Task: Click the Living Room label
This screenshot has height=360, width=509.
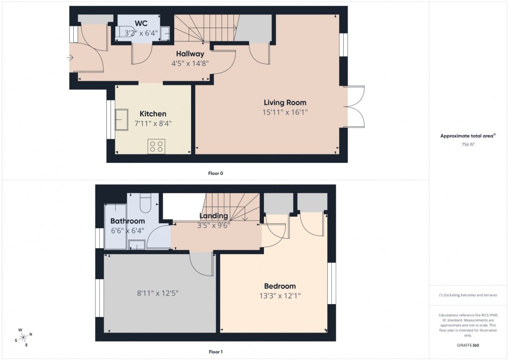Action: pyautogui.click(x=285, y=102)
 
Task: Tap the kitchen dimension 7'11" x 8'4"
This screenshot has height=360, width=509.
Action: pyautogui.click(x=153, y=123)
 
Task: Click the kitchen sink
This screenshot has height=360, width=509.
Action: pyautogui.click(x=121, y=120)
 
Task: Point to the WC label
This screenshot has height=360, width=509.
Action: pyautogui.click(x=141, y=23)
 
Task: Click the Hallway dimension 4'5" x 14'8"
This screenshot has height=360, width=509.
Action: pyautogui.click(x=190, y=63)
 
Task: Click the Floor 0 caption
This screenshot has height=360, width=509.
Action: pyautogui.click(x=216, y=173)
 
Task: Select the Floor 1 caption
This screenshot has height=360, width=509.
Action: pyautogui.click(x=216, y=352)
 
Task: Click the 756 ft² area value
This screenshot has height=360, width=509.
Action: pyautogui.click(x=468, y=144)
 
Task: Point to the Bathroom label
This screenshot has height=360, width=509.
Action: pyautogui.click(x=128, y=221)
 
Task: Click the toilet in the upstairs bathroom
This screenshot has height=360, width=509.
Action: pyautogui.click(x=146, y=203)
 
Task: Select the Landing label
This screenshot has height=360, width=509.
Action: pyautogui.click(x=214, y=216)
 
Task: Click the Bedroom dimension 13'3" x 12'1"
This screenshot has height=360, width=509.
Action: pyautogui.click(x=279, y=296)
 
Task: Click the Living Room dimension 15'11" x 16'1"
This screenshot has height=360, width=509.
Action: pyautogui.click(x=285, y=112)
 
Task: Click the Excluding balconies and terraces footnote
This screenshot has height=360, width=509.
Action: pyautogui.click(x=468, y=295)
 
